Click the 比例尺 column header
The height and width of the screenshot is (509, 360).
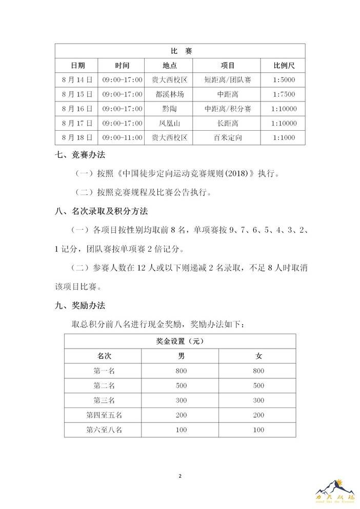(x=283, y=66)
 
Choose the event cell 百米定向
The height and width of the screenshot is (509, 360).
(x=228, y=137)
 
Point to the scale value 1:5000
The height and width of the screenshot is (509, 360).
(x=283, y=80)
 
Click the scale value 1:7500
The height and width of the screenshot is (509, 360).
(x=283, y=94)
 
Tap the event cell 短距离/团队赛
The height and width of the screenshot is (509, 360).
(x=228, y=80)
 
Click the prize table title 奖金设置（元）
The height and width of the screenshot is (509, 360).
(x=180, y=341)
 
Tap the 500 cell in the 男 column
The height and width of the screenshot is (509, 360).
(x=180, y=385)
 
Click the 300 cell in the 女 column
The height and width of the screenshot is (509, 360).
(x=257, y=400)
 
